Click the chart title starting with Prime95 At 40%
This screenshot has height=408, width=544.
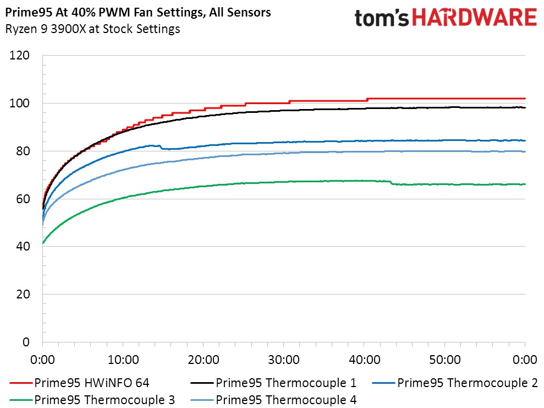tap(138, 12)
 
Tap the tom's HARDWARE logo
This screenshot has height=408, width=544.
tap(445, 18)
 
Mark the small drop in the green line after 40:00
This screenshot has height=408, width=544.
tap(392, 183)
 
